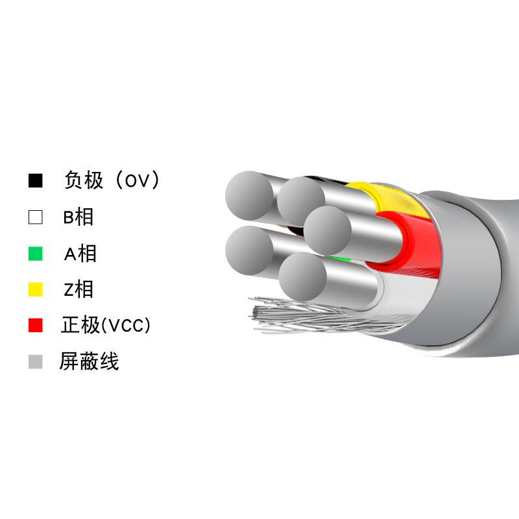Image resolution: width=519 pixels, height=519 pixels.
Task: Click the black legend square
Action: (36, 181)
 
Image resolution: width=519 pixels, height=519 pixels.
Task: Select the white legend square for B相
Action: (36, 217)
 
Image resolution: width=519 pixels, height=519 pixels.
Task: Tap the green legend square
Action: (36, 254)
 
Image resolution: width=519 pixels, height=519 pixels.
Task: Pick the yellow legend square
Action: (36, 289)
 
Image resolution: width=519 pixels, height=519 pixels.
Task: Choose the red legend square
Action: (36, 325)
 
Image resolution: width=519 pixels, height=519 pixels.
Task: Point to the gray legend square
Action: (36, 361)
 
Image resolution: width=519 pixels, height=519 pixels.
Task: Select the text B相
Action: (78, 217)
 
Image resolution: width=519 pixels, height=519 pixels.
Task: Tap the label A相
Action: (80, 254)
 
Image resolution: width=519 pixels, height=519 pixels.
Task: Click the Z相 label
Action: (78, 289)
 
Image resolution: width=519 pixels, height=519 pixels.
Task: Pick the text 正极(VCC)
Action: (106, 325)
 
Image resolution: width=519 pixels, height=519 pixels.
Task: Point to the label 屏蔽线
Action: (90, 361)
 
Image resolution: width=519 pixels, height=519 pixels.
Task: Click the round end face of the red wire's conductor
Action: (328, 231)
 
